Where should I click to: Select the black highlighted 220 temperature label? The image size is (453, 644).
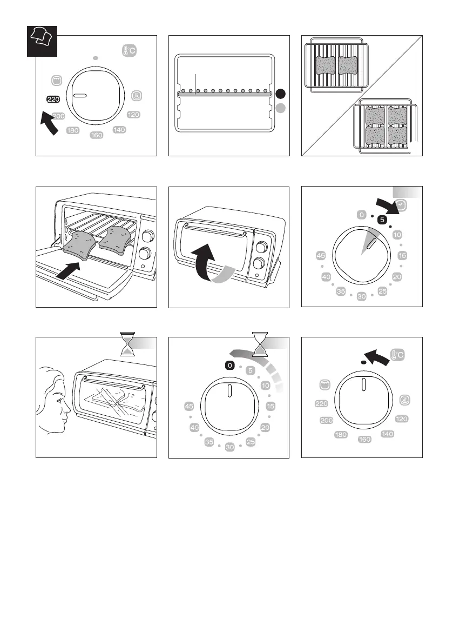(53, 99)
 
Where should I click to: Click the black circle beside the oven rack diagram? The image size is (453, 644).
(280, 94)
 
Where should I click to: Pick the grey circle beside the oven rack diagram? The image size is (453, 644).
(280, 108)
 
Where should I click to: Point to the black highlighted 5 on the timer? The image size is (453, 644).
(381, 220)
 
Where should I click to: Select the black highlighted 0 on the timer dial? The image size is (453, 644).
(230, 366)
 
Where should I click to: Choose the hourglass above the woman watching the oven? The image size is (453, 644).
(128, 345)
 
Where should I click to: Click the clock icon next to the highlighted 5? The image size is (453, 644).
(402, 206)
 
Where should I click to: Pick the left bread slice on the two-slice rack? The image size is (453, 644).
(326, 66)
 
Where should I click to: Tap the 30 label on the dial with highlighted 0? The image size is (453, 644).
(229, 448)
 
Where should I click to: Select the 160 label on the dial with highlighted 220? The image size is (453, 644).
(97, 135)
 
